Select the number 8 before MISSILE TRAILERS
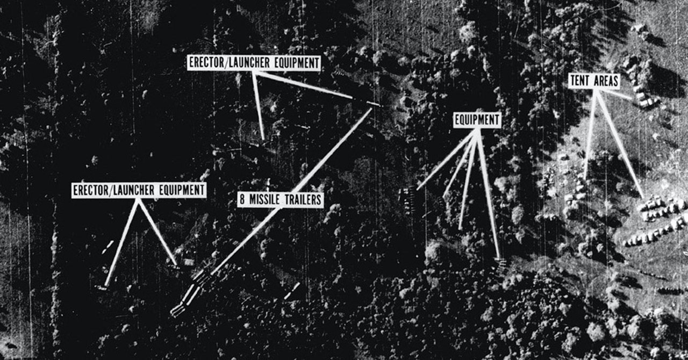242,200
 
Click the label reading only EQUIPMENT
477,120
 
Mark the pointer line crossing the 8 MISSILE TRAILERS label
291,191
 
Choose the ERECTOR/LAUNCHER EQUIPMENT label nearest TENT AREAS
254,63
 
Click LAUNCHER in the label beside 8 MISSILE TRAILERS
134,190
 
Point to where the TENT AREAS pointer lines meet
596,91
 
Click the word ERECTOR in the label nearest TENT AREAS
206,63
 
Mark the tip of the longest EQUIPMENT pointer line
500,258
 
